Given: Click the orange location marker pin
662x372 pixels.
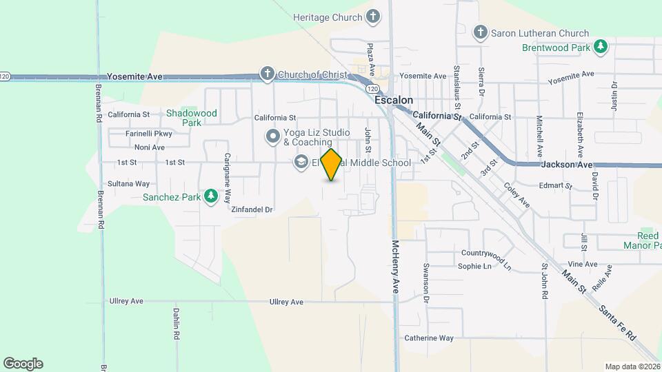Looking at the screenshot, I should coord(332,165).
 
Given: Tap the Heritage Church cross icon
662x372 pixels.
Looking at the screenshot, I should coord(372,17).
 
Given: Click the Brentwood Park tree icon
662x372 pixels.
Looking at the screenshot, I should coord(601,47).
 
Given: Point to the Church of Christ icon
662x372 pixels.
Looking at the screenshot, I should coord(267,74).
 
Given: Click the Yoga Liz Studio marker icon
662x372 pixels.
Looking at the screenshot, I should coord(273,137).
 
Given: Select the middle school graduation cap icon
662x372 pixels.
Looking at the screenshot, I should coord(301,163).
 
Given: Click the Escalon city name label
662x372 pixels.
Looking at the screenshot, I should coord(393,100).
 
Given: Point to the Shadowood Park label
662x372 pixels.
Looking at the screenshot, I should coord(191,118).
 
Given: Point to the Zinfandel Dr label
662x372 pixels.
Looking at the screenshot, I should coord(252,209).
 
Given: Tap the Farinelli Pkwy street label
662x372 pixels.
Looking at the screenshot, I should coord(148,134).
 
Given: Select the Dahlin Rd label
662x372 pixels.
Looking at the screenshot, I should coord(177,324).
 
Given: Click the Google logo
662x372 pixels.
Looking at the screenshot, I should coord(23,364).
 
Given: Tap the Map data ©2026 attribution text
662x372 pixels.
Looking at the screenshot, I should coord(632,366).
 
